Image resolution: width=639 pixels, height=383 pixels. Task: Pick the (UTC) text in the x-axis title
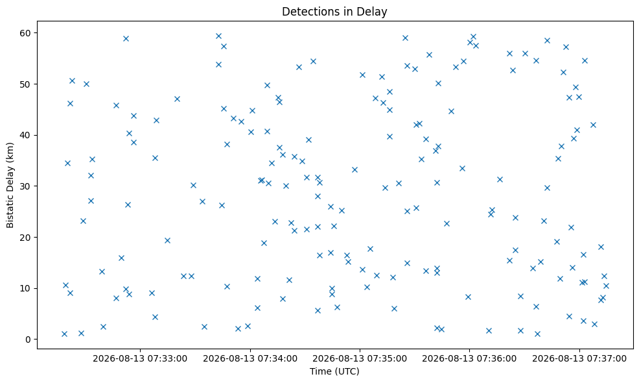point(347,371)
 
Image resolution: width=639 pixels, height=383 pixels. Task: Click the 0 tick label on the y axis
point(29,340)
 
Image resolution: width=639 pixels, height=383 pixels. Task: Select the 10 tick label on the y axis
point(26,288)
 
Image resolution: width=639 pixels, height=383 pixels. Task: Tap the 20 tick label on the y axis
point(26,237)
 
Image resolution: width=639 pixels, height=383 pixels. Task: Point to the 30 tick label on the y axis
point(26,186)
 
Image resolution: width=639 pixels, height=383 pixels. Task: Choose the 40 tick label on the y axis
point(26,135)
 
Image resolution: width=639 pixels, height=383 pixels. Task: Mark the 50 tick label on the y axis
point(26,84)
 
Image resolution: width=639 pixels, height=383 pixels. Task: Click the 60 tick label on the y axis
point(26,32)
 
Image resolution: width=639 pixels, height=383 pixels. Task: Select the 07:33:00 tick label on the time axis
point(167,359)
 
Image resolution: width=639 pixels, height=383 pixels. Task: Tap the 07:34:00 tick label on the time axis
point(277,359)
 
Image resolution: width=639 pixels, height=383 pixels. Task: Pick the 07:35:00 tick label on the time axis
point(387,359)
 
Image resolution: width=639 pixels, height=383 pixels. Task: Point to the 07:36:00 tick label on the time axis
point(497,359)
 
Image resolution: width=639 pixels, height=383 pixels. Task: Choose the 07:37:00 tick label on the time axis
point(607,359)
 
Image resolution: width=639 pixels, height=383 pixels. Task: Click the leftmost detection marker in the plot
point(64,334)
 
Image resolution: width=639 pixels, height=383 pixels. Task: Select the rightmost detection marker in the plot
point(606,286)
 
